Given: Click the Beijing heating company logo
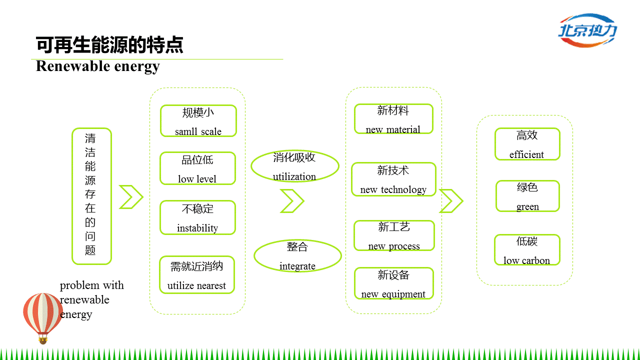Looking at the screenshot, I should tap(587, 30).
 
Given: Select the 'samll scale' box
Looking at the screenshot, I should tap(198, 121).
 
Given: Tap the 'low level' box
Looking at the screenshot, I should tap(197, 168).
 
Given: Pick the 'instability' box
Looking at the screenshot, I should tap(197, 217).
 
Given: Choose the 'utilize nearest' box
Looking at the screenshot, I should tap(196, 275).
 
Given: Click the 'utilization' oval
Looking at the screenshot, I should tap(294, 166).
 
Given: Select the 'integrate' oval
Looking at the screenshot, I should tap(297, 255).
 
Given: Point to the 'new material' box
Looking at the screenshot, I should tap(393, 119).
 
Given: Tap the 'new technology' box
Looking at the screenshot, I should tap(393, 179).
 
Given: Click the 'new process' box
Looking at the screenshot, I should tap(394, 235).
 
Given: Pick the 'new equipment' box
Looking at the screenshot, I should tap(393, 283).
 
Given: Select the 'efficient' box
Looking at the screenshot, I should tap(527, 144).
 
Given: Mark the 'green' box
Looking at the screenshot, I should tap(527, 196).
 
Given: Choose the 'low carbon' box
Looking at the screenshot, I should tap(527, 250).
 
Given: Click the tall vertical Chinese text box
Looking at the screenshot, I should tap(91, 196).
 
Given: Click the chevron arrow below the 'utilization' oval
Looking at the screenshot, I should tap(292, 201).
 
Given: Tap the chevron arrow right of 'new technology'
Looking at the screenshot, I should tap(451, 201).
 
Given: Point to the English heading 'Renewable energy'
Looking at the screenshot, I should tap(98, 66).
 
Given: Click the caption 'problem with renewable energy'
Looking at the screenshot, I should tap(91, 299).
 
